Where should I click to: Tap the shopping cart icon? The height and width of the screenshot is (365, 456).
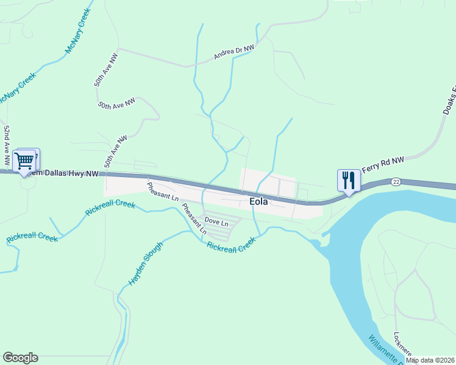click(24, 161)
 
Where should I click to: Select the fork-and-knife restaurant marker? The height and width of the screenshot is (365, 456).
click(348, 180)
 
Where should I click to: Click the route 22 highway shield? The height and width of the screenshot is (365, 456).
click(396, 182)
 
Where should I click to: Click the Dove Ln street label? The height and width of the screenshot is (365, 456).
click(216, 223)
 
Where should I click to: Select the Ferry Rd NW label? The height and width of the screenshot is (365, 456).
click(382, 164)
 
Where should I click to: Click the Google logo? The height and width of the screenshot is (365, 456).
click(20, 358)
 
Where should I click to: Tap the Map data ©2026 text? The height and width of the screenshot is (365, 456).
click(430, 360)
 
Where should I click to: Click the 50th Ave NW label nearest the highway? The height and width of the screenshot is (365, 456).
click(115, 151)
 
